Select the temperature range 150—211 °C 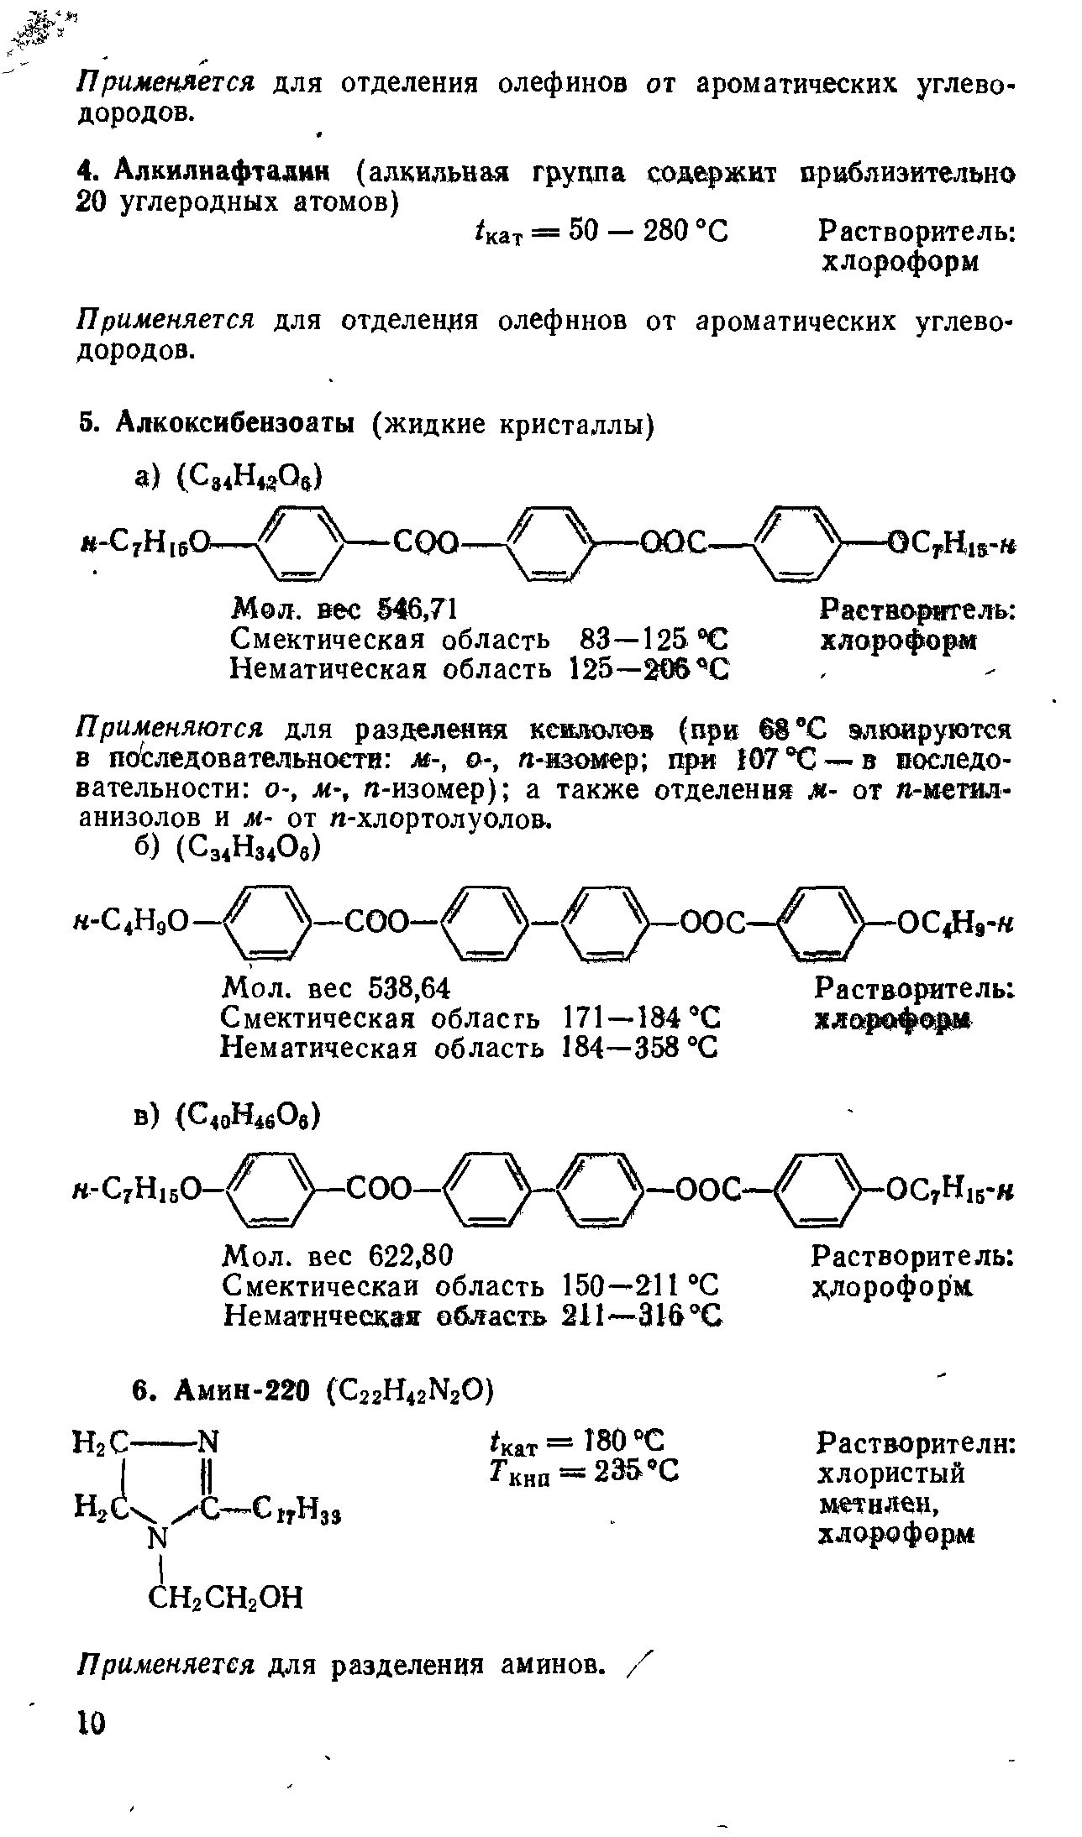(x=638, y=1285)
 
